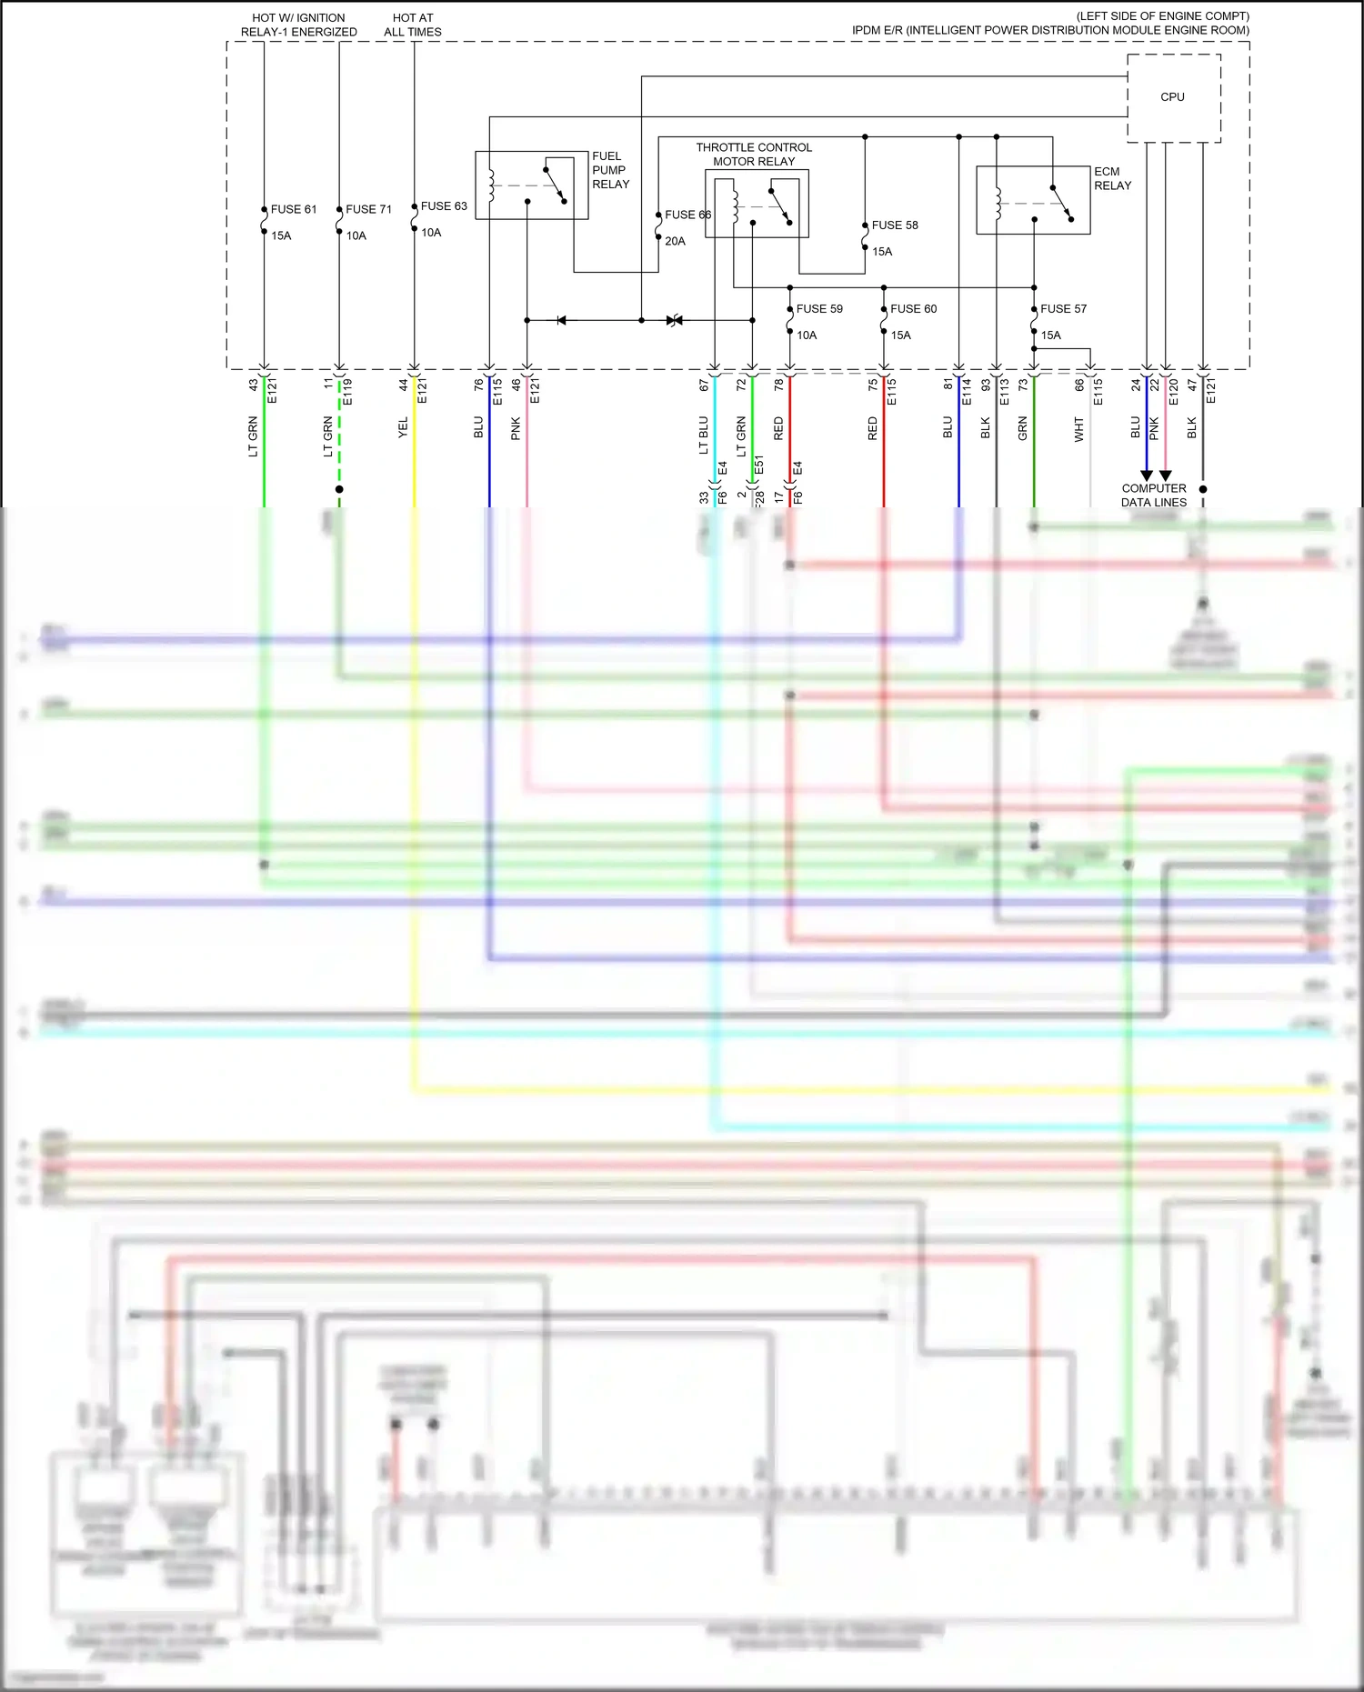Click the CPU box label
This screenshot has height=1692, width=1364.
pos(1172,97)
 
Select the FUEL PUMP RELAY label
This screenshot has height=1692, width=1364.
pos(610,170)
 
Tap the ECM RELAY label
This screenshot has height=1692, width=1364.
pos(1112,178)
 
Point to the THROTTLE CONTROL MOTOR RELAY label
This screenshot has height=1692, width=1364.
pos(754,155)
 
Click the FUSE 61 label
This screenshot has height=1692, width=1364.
pos(294,209)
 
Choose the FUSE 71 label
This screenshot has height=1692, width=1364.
pos(368,209)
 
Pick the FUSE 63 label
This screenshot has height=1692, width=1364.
pos(444,206)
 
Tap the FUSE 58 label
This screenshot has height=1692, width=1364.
pos(895,225)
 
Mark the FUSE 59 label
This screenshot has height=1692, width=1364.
pos(819,309)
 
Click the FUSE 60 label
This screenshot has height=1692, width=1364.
pos(913,309)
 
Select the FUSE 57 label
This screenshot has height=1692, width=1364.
pos(1063,309)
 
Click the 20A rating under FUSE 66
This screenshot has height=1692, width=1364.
pos(675,242)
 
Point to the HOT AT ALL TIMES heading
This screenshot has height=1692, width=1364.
pos(413,25)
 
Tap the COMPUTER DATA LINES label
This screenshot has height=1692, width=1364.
pos(1154,496)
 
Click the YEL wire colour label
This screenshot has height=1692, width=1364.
pos(403,428)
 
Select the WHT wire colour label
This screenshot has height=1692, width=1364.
pos(1079,429)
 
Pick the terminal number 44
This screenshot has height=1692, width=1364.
pos(404,385)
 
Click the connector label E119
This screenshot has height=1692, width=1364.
pos(346,392)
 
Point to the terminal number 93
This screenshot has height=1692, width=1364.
pos(986,385)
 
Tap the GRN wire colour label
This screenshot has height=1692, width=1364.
pos(1023,429)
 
